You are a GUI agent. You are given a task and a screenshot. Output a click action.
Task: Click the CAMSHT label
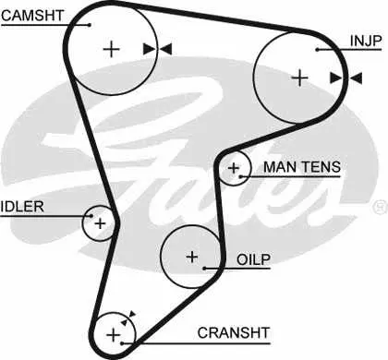[x=32, y=16]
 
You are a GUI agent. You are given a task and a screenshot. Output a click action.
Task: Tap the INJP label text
[x=366, y=41]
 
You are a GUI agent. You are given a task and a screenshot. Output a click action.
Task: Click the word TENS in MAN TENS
[x=321, y=167]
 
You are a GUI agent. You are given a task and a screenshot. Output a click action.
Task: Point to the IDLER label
[x=22, y=207]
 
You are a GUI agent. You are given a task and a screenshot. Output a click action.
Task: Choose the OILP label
[x=253, y=259]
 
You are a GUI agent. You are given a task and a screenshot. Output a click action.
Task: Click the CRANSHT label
[x=234, y=333]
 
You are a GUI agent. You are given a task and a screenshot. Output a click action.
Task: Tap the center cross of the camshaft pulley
[x=111, y=49]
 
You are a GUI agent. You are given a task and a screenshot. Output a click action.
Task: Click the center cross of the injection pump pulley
[x=299, y=78]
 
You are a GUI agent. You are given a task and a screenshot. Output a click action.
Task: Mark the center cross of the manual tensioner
[x=234, y=168]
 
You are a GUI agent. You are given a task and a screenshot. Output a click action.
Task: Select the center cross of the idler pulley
[x=100, y=223]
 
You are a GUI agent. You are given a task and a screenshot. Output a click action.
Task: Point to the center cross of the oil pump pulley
[x=192, y=257]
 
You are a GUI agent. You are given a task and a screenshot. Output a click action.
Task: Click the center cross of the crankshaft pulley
[x=114, y=334]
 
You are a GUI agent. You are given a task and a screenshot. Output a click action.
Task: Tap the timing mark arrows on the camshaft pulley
[x=157, y=49]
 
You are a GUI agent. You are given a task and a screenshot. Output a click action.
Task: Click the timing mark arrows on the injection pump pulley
[x=346, y=78]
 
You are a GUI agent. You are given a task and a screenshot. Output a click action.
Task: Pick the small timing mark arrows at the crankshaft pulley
[x=128, y=318]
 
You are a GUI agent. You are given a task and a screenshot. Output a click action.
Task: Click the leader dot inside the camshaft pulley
[x=90, y=25]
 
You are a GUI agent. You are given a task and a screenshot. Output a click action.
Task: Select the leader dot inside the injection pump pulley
[x=317, y=50]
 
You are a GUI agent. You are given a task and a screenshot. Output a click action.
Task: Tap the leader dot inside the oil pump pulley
[x=204, y=269]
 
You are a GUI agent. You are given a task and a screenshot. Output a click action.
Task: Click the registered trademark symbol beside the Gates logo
[x=381, y=207]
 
